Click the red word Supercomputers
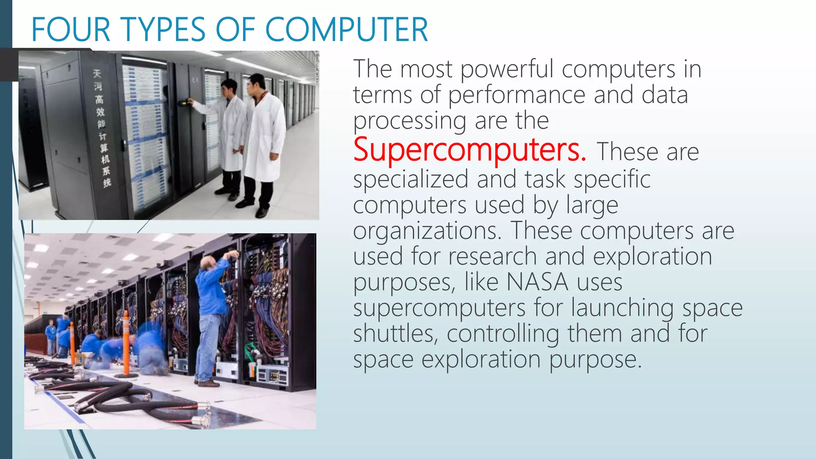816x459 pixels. [x=469, y=150]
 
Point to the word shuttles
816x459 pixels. [x=395, y=333]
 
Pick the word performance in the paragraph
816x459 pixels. [x=516, y=95]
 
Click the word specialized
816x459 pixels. [x=410, y=179]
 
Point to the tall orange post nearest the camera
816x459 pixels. [x=126, y=343]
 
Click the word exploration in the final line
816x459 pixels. [x=481, y=359]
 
